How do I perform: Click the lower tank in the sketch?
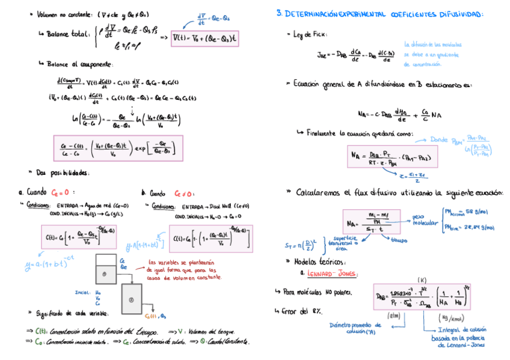tap(132, 297)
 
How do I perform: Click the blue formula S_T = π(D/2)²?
tap(301, 246)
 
